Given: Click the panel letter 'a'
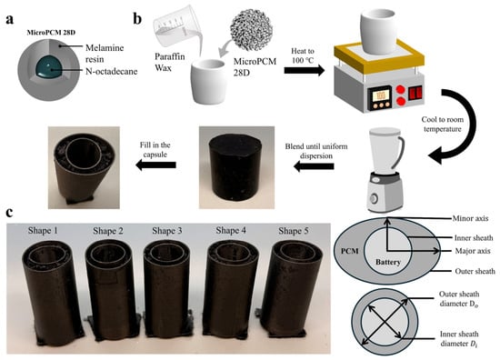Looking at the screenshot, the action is [x=10, y=19].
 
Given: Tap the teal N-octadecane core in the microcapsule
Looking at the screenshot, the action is [x=48, y=66].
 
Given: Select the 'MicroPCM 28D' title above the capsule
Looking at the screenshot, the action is [x=51, y=33].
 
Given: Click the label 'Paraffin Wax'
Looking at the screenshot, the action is [x=170, y=62].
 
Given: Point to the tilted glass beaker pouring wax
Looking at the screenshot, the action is [x=177, y=26].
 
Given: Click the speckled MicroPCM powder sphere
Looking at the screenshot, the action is [x=251, y=30].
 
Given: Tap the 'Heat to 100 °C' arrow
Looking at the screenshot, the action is [x=305, y=71].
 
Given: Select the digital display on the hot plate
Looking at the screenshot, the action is [x=379, y=95].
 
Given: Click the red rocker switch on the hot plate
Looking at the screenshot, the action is [x=415, y=93].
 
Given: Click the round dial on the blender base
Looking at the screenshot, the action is [x=374, y=198].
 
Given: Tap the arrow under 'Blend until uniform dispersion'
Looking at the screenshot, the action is [x=314, y=166].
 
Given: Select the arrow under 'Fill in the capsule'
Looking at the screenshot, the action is [x=155, y=165].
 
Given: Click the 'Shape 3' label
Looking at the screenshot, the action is [x=166, y=231].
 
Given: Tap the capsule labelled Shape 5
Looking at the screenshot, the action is [x=287, y=288].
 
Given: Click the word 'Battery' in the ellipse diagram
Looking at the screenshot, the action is [x=388, y=262].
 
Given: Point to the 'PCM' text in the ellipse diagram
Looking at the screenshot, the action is [x=349, y=251].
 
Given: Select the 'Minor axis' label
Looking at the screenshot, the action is [x=470, y=218].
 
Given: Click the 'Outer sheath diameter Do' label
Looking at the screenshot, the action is [x=459, y=299].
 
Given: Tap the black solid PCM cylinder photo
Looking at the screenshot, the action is [x=236, y=167].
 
